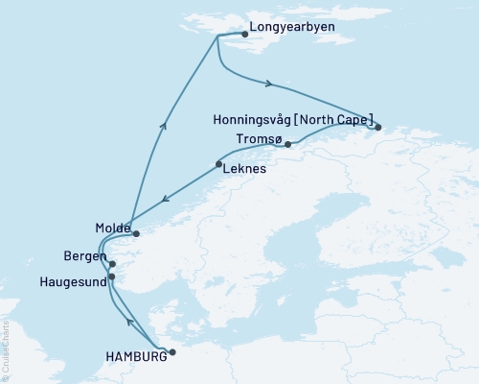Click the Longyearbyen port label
click(291, 27)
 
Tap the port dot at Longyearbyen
click(245, 35)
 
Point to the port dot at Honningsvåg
click(378, 127)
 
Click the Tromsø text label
click(259, 140)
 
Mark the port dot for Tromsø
click(288, 145)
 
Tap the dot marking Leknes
click(219, 165)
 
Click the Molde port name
click(113, 228)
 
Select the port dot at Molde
click(136, 233)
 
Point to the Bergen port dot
click(112, 264)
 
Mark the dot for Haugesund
click(112, 277)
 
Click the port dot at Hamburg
click(172, 352)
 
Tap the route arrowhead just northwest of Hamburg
click(129, 320)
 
